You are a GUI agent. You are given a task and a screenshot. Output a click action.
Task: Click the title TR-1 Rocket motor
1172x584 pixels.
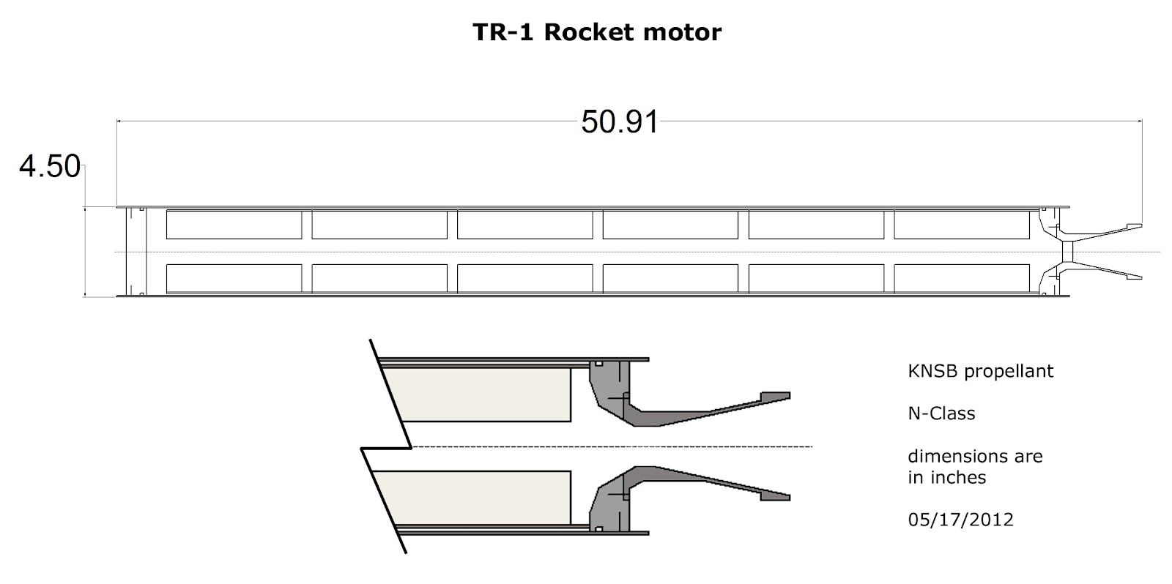(597, 33)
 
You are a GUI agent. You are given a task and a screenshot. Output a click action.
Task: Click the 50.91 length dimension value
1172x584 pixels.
(619, 122)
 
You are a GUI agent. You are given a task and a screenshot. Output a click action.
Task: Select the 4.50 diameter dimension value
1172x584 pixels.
(49, 167)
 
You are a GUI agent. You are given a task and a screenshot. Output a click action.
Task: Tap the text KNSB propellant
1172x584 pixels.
(980, 371)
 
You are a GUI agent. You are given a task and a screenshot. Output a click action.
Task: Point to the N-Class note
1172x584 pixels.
(941, 413)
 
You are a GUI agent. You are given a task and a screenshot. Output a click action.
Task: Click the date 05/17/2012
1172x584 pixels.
(960, 520)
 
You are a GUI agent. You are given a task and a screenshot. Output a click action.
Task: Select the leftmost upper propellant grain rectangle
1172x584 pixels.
(234, 225)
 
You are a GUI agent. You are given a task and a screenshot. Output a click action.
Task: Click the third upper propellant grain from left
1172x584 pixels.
(524, 225)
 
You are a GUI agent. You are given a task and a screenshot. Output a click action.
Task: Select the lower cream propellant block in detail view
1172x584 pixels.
(476, 498)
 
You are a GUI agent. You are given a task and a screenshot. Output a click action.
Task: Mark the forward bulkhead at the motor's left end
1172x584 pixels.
(136, 252)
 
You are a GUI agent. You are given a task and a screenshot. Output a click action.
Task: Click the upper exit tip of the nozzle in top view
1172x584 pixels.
(1135, 225)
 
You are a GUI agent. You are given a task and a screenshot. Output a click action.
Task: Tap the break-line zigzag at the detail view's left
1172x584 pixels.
(387, 447)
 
